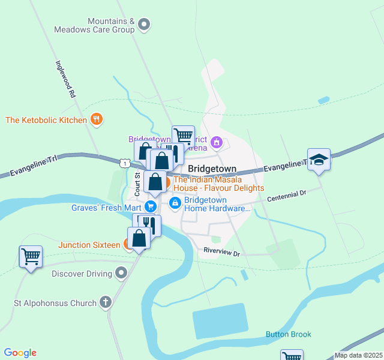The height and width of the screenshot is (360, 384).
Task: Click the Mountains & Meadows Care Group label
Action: pyautogui.click(x=94, y=25)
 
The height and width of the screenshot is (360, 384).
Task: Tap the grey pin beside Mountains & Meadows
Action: pyautogui.click(x=144, y=25)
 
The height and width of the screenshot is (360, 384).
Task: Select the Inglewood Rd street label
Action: pyautogui.click(x=65, y=79)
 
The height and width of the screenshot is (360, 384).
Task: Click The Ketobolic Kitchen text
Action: pyautogui.click(x=46, y=120)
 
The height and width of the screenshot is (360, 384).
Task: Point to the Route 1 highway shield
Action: pyautogui.click(x=123, y=163)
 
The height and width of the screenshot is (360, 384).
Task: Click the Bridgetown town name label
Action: pyautogui.click(x=212, y=169)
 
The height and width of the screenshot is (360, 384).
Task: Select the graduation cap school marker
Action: pyautogui.click(x=319, y=160)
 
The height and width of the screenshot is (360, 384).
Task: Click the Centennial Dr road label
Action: pyautogui.click(x=287, y=195)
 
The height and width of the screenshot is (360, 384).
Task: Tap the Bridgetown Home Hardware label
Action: pyautogui.click(x=217, y=204)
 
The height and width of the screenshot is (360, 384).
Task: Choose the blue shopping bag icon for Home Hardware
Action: pyautogui.click(x=175, y=204)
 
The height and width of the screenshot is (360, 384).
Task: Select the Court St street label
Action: pyautogui.click(x=137, y=184)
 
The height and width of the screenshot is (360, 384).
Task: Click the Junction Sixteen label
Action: pyautogui.click(x=89, y=245)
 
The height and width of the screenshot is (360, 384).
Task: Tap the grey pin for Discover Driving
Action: pyautogui.click(x=122, y=274)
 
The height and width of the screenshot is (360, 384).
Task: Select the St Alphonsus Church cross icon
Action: pyautogui.click(x=106, y=302)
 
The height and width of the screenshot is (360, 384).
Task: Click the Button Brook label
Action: pyautogui.click(x=289, y=334)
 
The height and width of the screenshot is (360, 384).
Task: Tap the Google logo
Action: pyautogui.click(x=20, y=353)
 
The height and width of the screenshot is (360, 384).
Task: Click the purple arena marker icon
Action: pyautogui.click(x=217, y=143)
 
